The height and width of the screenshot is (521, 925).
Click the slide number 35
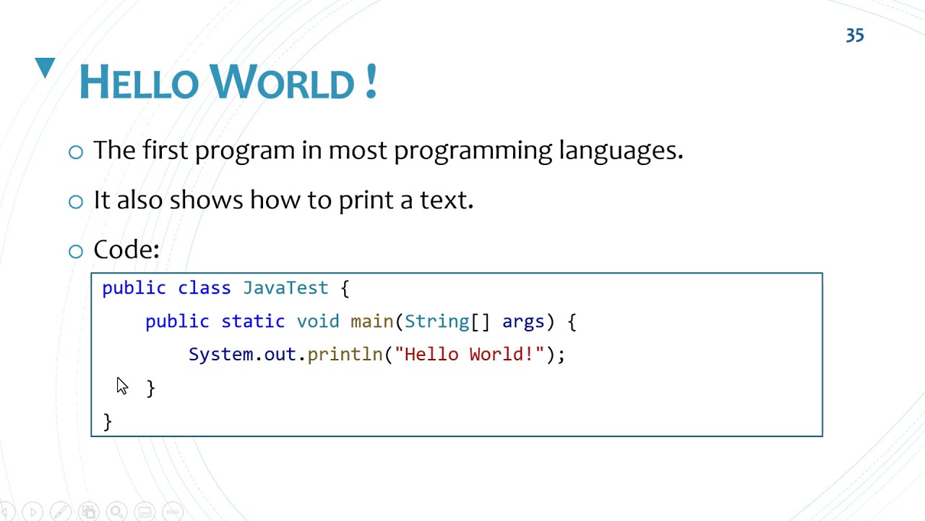855,35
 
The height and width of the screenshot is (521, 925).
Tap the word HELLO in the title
138,82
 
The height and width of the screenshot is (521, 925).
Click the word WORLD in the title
283,82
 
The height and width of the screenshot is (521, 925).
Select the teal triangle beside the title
45,67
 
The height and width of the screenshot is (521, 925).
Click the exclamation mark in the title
371,81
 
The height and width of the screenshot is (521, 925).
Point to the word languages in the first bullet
620,151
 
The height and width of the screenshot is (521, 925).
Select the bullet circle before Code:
76,251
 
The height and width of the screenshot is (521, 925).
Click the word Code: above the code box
126,250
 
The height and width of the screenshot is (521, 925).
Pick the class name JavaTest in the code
285,288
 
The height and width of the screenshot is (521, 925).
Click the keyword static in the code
253,321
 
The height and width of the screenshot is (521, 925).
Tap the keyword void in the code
317,321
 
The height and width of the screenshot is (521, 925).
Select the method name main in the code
371,321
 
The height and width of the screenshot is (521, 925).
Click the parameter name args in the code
523,321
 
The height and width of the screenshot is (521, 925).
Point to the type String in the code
436,321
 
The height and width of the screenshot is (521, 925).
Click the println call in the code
345,355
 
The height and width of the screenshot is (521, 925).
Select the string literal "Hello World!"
469,355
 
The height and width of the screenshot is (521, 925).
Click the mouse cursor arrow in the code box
121,386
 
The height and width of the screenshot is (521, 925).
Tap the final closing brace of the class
108,421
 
